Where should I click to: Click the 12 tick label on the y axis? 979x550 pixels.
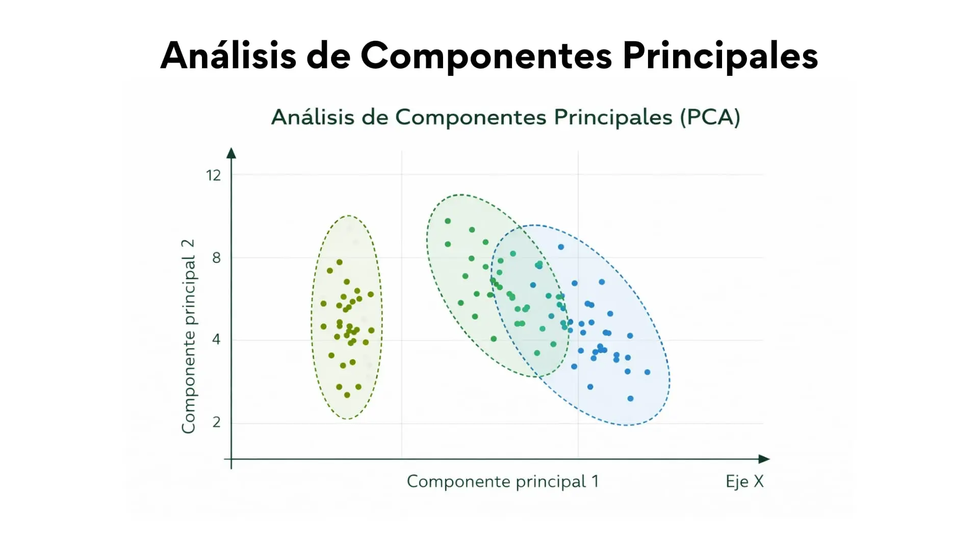[213, 176]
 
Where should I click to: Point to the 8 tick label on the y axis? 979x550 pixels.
[217, 258]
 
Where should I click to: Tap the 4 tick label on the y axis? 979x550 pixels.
[217, 339]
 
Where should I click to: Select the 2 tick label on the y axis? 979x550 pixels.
[217, 422]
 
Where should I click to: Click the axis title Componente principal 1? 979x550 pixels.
[502, 482]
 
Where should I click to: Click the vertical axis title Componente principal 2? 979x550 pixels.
[188, 336]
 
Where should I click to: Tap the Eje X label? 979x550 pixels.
[744, 482]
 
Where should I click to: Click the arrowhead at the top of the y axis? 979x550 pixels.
[231, 153]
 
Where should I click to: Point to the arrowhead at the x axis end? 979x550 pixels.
[764, 459]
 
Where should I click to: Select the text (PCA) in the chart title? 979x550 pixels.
[710, 118]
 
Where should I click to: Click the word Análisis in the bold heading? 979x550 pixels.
[228, 55]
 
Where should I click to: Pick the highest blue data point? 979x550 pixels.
[561, 247]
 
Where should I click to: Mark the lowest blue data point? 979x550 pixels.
[630, 399]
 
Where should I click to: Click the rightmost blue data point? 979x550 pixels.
[648, 372]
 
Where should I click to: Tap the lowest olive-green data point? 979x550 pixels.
[347, 395]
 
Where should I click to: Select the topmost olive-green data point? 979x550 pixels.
[340, 263]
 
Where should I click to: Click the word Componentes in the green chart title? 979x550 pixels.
[471, 118]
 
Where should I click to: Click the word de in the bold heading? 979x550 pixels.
[328, 55]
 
